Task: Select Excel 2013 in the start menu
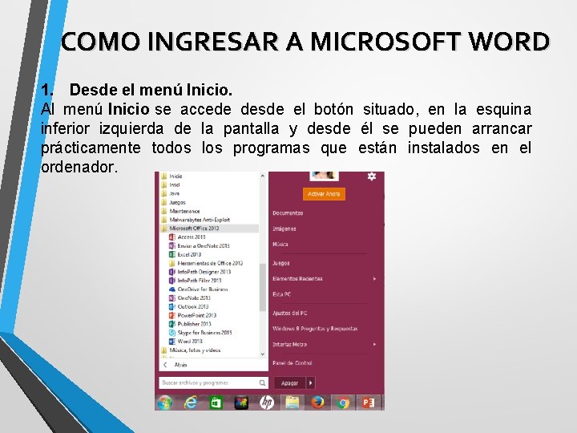pyautogui.click(x=189, y=254)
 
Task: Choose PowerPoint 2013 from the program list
pyautogui.click(x=196, y=315)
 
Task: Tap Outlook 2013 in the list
pyautogui.click(x=192, y=306)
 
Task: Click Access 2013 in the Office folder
pyautogui.click(x=191, y=237)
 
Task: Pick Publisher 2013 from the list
pyautogui.click(x=194, y=324)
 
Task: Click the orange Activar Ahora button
pyautogui.click(x=324, y=193)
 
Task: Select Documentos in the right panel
pyautogui.click(x=288, y=213)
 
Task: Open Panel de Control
pyautogui.click(x=292, y=363)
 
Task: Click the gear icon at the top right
pyautogui.click(x=371, y=176)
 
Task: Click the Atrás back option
pyautogui.click(x=181, y=364)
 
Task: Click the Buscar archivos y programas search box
pyautogui.click(x=213, y=382)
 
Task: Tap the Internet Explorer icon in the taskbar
pyautogui.click(x=190, y=402)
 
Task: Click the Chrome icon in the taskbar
pyautogui.click(x=343, y=402)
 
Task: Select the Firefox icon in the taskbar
pyautogui.click(x=317, y=402)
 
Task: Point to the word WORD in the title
pyautogui.click(x=511, y=41)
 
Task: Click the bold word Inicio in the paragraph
pyautogui.click(x=129, y=109)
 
